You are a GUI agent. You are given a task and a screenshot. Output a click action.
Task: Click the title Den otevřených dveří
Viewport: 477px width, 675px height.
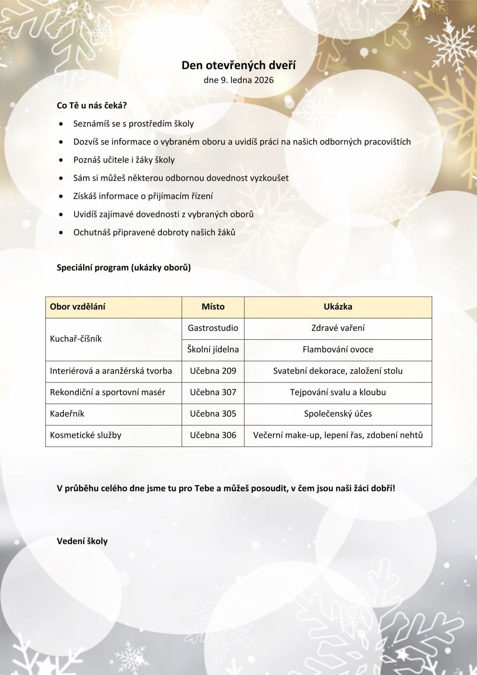point(238,65)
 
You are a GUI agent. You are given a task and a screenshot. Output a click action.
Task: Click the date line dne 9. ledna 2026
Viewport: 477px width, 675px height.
point(238,80)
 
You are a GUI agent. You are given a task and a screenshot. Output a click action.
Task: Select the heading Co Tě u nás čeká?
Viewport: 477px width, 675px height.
point(91,105)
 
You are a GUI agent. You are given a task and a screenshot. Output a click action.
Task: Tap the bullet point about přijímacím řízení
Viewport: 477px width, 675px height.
point(143,196)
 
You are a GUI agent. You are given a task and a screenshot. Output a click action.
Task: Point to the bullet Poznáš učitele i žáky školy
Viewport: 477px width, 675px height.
point(124,160)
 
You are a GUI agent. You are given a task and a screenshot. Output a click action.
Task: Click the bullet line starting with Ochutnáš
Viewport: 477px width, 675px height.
point(154,232)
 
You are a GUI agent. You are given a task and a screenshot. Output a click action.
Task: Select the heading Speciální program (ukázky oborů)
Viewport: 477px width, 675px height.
point(123,268)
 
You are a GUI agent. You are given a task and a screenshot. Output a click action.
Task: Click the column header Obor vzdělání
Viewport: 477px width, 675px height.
point(77,307)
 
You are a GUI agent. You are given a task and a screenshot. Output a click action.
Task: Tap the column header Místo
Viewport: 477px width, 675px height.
point(213,307)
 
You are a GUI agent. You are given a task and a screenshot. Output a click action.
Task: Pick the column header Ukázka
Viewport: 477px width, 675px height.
point(338,307)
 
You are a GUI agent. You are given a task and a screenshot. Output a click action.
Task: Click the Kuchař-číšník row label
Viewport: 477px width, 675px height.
point(76,338)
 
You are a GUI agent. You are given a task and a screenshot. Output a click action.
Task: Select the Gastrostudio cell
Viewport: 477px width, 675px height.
point(213,328)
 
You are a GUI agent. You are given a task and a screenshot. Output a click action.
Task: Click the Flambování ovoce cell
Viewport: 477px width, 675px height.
point(338,349)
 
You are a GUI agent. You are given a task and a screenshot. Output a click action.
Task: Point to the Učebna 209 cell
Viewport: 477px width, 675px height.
point(213,371)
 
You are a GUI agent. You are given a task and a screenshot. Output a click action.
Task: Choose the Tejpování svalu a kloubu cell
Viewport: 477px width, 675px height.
point(338,392)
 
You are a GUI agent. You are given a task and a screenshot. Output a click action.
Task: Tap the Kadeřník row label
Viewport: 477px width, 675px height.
point(67,413)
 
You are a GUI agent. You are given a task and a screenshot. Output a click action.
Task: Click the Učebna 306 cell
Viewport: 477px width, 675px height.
point(213,435)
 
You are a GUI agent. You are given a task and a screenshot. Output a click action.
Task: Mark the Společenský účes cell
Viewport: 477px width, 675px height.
point(338,413)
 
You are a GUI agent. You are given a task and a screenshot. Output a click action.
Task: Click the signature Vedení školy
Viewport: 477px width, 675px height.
point(82,541)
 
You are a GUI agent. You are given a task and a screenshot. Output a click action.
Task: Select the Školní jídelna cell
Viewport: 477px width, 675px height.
point(213,349)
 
